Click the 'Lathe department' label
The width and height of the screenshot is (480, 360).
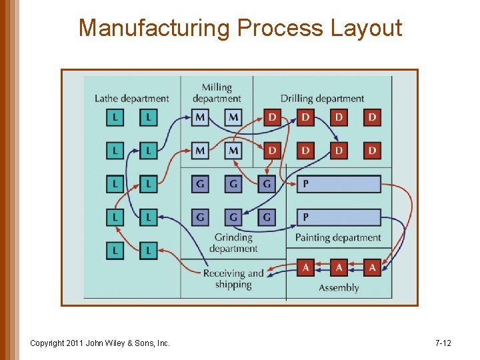[x=131, y=99]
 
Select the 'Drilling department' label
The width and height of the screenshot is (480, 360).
[x=322, y=99]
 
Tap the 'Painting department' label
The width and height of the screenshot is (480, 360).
[x=338, y=237]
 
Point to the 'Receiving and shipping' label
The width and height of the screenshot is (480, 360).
[x=233, y=279]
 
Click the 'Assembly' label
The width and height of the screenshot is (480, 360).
[x=339, y=288]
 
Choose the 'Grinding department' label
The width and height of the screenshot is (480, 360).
[x=233, y=243]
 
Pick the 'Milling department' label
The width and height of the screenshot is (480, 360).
[x=217, y=93]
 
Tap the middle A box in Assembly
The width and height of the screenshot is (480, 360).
[x=339, y=267]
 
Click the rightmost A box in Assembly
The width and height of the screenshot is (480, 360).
[x=372, y=267]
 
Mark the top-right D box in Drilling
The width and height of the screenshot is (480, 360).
[x=372, y=117]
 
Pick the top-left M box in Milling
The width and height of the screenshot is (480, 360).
[x=200, y=117]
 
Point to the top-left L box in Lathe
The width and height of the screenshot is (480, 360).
[x=115, y=117]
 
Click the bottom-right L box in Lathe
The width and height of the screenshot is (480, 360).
[x=149, y=251]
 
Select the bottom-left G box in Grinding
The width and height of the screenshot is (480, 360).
[x=200, y=217]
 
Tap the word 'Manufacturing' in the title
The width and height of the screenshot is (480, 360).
[x=155, y=28]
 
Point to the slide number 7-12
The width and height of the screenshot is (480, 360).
[x=443, y=343]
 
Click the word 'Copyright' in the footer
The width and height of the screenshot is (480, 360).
[x=48, y=343]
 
